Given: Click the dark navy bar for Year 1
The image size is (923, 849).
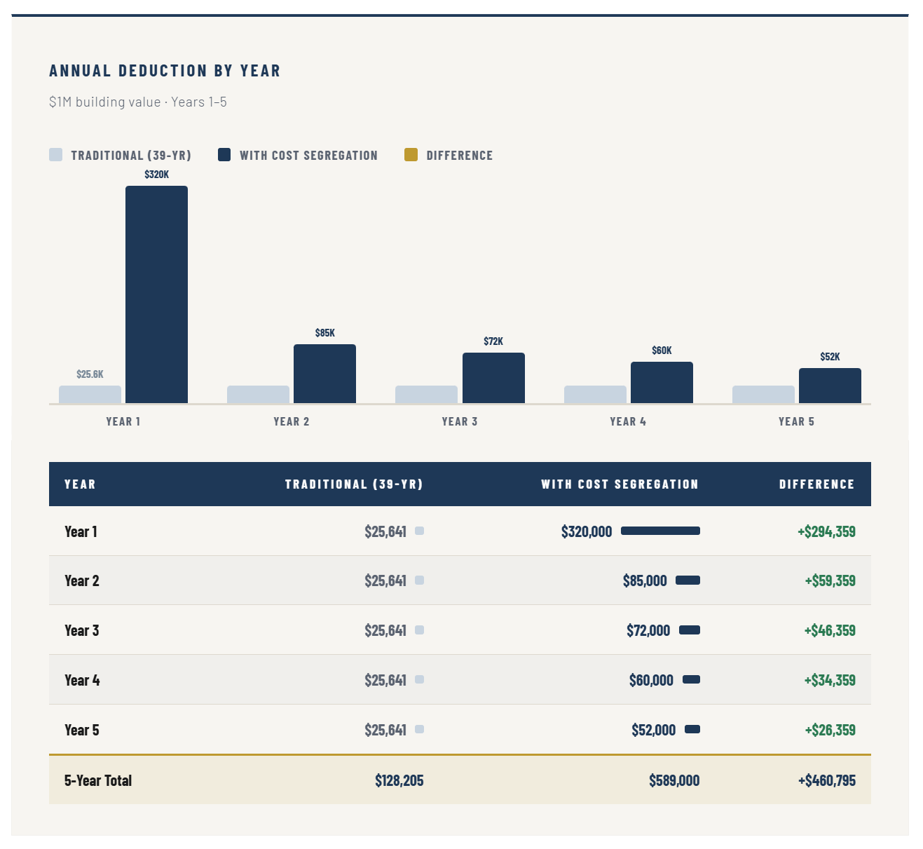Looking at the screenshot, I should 156,294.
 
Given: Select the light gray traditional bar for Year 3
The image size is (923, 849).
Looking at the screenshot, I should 426,394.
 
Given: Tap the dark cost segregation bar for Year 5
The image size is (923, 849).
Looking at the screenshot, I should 830,386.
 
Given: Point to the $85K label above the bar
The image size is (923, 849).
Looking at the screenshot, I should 325,333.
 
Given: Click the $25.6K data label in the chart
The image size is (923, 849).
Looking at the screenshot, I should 90,374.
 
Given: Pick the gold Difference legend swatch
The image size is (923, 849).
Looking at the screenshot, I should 411,155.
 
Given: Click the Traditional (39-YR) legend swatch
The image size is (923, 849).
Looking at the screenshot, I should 56,155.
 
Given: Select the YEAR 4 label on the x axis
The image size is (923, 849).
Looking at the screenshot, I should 628,421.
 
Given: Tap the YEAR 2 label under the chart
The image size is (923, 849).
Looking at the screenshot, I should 292,421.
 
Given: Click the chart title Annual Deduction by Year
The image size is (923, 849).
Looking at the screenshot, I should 165,71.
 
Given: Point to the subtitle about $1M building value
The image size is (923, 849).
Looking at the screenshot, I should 138,102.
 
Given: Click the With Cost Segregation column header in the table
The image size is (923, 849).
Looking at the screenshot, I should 620,484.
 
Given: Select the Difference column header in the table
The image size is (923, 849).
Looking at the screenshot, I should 816,484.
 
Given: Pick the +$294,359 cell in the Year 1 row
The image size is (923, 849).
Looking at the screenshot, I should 826,531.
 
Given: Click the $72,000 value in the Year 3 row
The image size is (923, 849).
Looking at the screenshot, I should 648,630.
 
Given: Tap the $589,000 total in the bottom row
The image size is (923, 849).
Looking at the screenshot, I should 674,780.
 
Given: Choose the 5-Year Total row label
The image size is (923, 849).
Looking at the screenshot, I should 98,780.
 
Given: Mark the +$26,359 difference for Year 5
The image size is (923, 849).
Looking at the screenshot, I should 830,730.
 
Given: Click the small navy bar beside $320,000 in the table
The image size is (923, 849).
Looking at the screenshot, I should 660,531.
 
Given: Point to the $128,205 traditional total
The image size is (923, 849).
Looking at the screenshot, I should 399,780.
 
